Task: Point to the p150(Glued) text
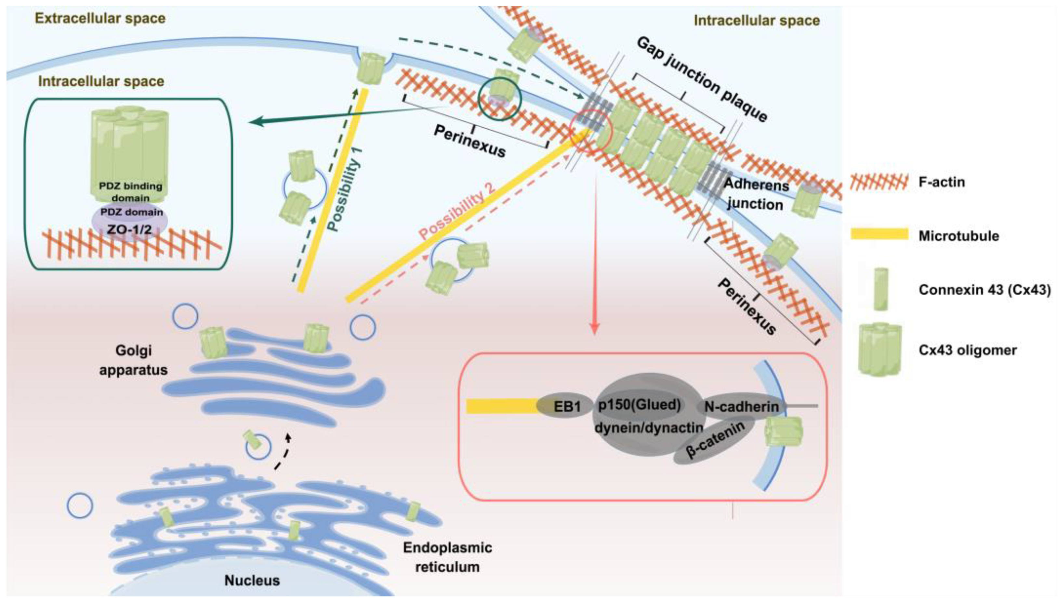[x=639, y=404]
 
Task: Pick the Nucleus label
[x=252, y=580]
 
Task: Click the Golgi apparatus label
[x=133, y=360]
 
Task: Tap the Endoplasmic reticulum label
[x=447, y=557]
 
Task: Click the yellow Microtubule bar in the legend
[x=879, y=235]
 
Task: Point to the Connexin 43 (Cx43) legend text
[x=984, y=290]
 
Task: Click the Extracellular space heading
[x=100, y=18]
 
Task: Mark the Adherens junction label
[x=755, y=194]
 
